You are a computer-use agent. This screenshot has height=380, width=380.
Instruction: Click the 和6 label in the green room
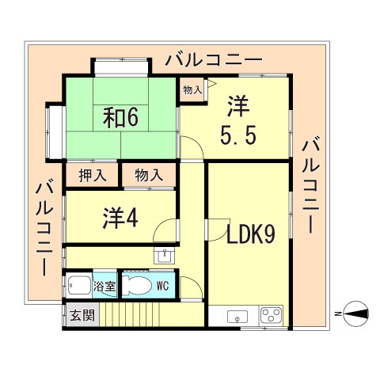[120, 116]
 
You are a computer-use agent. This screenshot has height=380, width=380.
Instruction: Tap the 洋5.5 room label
[237, 120]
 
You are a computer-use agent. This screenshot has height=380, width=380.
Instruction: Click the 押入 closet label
[92, 174]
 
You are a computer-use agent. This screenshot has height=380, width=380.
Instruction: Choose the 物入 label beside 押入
[148, 174]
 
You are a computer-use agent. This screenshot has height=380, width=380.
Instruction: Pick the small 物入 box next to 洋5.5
[192, 91]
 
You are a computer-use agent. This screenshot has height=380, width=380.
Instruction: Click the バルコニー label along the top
[213, 60]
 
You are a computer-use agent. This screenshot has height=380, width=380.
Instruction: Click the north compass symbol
[352, 313]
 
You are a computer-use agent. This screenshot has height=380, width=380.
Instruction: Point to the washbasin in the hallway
[164, 255]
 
